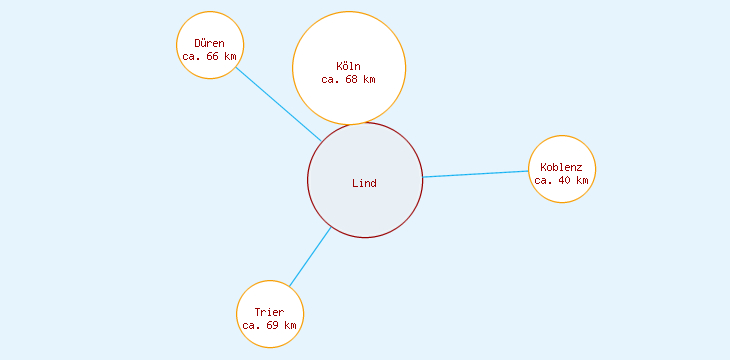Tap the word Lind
click(x=364, y=183)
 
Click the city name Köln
click(x=349, y=67)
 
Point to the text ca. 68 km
click(x=349, y=79)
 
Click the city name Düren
click(x=209, y=44)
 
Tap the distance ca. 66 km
click(x=210, y=57)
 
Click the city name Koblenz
click(x=561, y=167)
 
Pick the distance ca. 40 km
click(x=561, y=180)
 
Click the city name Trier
click(x=269, y=312)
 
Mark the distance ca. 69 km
click(x=269, y=325)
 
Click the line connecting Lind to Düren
click(x=278, y=104)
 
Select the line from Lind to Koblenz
click(x=476, y=174)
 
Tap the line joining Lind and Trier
click(x=310, y=257)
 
